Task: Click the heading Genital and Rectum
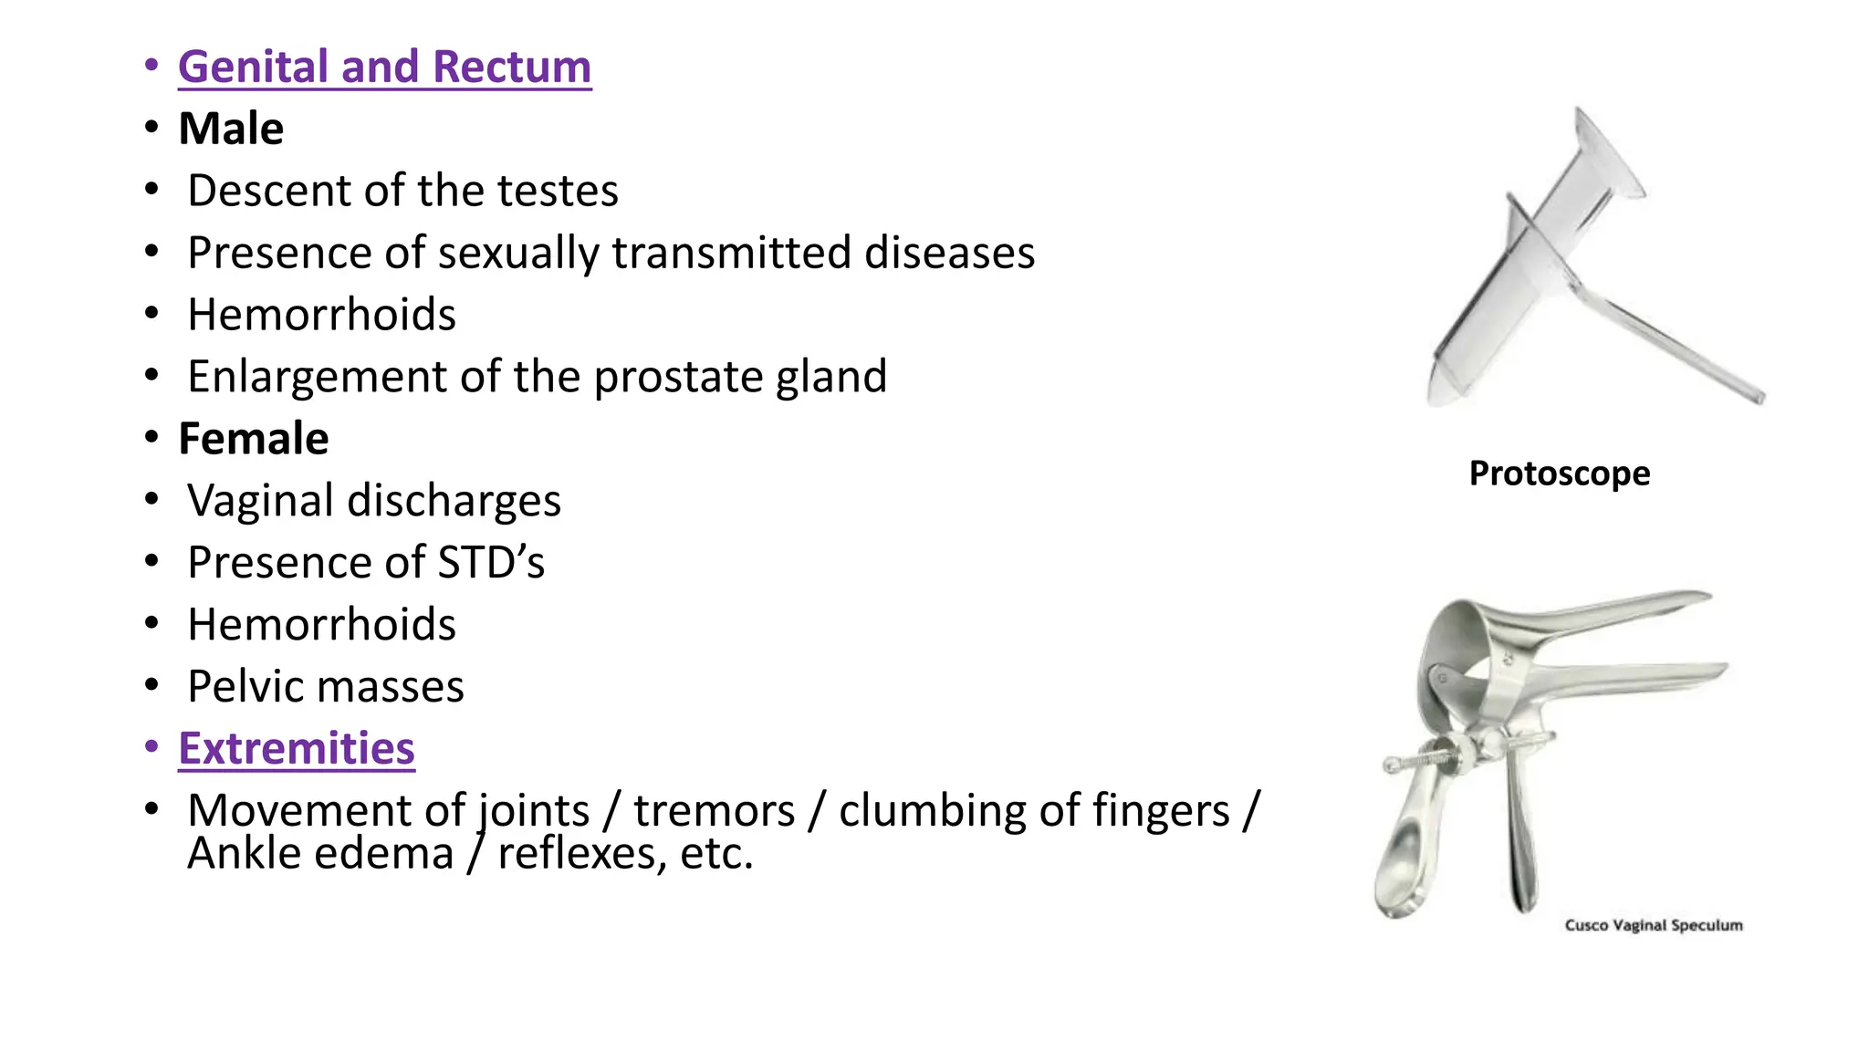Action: click(384, 68)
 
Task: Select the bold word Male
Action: click(231, 129)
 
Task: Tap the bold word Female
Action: click(253, 439)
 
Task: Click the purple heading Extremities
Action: click(297, 749)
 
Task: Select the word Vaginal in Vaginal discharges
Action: click(260, 501)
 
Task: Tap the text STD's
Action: click(491, 563)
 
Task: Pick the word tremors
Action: click(715, 811)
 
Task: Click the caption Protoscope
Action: click(1559, 473)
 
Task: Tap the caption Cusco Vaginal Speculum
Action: click(1653, 925)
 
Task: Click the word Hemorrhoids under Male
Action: click(321, 316)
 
